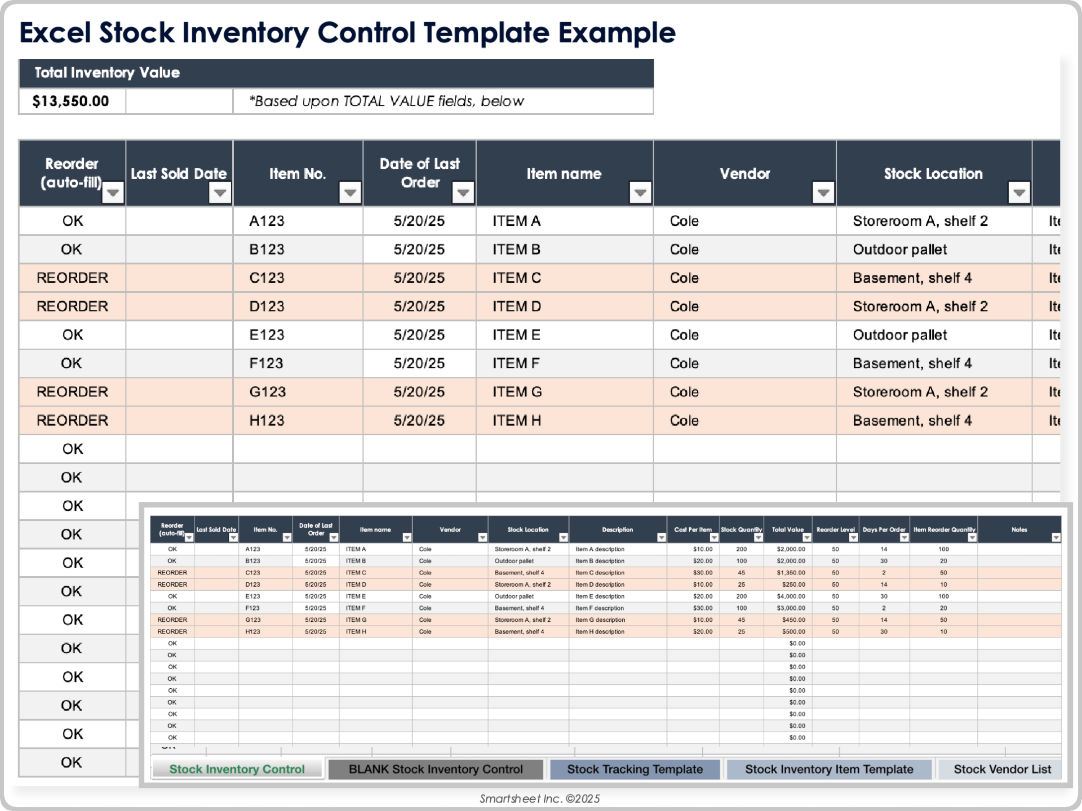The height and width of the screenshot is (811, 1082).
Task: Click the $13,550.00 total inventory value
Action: (70, 101)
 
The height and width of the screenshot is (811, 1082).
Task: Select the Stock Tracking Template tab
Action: (635, 769)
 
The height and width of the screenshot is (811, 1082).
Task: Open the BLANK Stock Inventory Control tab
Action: (436, 769)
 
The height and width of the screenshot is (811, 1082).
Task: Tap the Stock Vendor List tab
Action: (1002, 769)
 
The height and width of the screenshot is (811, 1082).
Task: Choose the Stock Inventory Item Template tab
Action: (829, 769)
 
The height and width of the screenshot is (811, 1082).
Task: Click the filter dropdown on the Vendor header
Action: (823, 193)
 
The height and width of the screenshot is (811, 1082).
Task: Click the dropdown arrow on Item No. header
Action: (350, 193)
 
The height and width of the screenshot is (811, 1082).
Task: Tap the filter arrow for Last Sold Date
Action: (220, 193)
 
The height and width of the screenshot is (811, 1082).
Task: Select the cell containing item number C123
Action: (267, 278)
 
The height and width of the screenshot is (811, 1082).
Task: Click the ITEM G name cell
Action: (517, 392)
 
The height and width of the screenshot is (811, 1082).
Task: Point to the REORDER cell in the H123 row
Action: (72, 421)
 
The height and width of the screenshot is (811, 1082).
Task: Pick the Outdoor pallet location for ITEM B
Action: (899, 249)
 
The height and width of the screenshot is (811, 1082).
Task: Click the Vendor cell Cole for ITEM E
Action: (684, 335)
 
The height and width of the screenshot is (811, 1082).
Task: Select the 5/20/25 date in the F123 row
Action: (419, 363)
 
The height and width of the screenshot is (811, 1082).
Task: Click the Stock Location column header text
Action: (933, 174)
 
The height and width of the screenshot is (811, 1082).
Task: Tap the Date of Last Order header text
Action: (420, 173)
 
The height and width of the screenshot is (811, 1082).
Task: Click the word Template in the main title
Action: (486, 33)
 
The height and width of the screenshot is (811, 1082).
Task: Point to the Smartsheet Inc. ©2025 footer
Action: (540, 799)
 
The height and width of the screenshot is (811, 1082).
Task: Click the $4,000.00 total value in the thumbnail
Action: (791, 596)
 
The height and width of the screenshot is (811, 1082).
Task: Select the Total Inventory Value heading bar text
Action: (107, 73)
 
